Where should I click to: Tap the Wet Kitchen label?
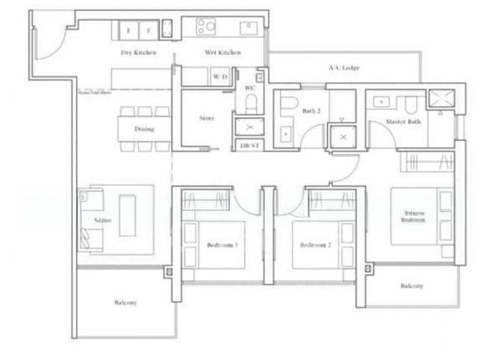223,53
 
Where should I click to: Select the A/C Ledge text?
344,67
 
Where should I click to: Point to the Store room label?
207,118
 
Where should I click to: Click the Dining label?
144,129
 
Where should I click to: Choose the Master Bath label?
403,122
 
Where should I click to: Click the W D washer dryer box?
220,77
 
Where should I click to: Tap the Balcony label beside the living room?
125,302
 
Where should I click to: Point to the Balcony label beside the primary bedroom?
412,286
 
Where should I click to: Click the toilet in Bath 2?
289,104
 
